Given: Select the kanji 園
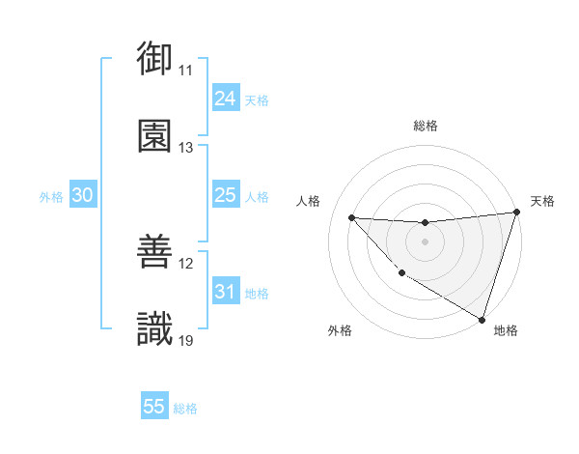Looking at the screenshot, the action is (154, 135).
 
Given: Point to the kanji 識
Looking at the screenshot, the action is (154, 328).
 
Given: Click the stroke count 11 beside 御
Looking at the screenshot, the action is (186, 71).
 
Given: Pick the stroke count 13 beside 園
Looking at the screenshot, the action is (186, 148).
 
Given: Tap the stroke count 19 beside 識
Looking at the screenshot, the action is (186, 340).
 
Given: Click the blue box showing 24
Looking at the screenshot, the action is (225, 99).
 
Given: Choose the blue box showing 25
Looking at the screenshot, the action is (225, 195).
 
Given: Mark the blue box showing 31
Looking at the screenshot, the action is (225, 292).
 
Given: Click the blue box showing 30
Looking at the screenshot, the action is (82, 195).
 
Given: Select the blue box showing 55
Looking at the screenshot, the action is (154, 407).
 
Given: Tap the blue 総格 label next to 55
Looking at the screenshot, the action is (185, 409).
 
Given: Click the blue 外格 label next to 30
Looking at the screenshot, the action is (51, 197).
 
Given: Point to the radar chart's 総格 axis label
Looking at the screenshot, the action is (426, 126).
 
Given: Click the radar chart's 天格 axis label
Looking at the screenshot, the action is (543, 201).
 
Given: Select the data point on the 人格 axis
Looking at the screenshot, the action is (351, 217).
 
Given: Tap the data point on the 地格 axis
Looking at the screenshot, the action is (482, 319).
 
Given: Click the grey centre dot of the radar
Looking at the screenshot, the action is (425, 241).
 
